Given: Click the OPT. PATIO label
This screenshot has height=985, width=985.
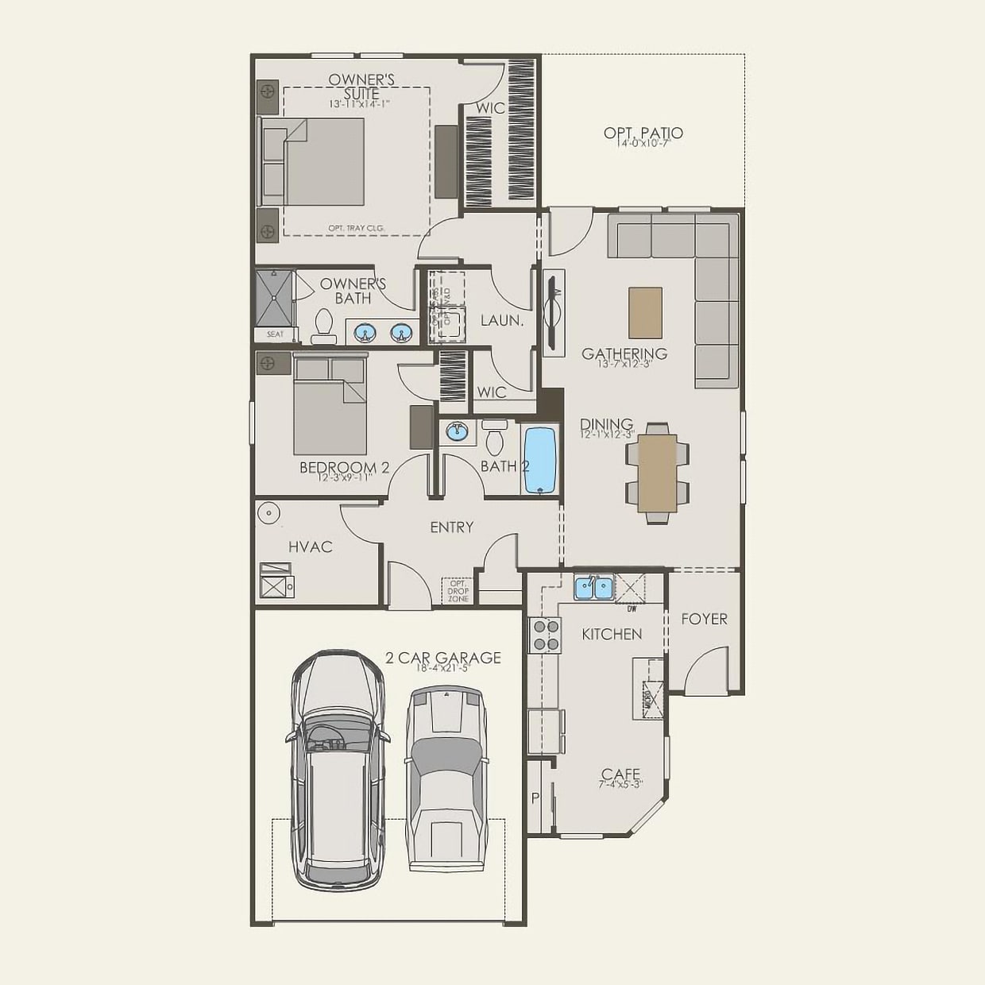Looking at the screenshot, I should pyautogui.click(x=643, y=133).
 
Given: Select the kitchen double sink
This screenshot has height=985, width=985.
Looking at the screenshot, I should pyautogui.click(x=594, y=588).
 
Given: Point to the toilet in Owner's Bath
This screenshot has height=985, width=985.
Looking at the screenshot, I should pyautogui.click(x=323, y=326).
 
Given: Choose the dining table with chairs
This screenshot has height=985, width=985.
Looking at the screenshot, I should pyautogui.click(x=658, y=473).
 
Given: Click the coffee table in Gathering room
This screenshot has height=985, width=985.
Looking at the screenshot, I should pyautogui.click(x=644, y=312).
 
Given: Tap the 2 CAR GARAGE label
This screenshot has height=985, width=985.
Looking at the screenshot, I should pyautogui.click(x=443, y=658).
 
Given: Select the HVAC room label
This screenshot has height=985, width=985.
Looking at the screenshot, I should pyautogui.click(x=310, y=547).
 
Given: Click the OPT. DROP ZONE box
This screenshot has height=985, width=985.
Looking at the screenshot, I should pyautogui.click(x=458, y=590).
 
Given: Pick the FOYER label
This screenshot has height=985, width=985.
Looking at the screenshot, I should pyautogui.click(x=704, y=619).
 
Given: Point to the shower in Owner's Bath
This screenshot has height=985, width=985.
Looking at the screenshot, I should pyautogui.click(x=274, y=298).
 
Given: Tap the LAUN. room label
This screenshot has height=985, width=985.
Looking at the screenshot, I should pyautogui.click(x=501, y=321).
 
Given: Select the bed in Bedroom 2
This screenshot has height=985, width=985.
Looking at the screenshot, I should pyautogui.click(x=330, y=405).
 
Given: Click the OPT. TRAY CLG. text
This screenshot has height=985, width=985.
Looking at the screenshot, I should pyautogui.click(x=356, y=228).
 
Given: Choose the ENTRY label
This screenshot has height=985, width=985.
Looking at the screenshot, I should pyautogui.click(x=451, y=527).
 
